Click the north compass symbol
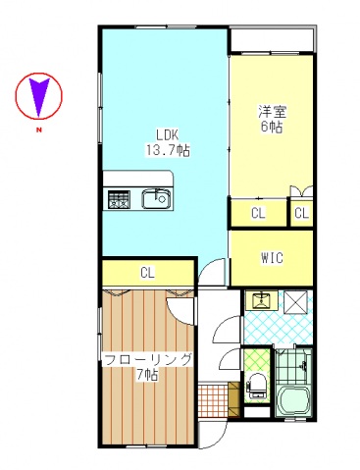tap(39, 95)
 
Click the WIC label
tap(272, 258)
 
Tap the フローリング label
tap(147, 359)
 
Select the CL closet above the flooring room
tap(147, 272)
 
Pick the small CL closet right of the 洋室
tap(301, 212)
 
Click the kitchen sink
tap(155, 199)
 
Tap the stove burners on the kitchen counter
tap(119, 199)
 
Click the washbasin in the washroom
tap(261, 301)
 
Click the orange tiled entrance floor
tap(211, 401)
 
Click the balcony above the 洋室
tap(272, 40)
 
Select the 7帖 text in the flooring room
tap(147, 375)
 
